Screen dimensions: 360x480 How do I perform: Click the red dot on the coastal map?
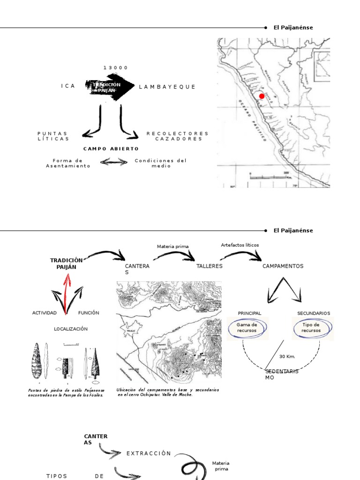coord(262,96)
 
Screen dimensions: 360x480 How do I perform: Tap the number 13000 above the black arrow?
coord(116,68)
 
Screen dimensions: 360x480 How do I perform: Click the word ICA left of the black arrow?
coord(68,86)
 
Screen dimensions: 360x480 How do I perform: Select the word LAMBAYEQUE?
coord(167,87)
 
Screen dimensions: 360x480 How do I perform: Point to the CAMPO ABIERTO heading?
coord(111,149)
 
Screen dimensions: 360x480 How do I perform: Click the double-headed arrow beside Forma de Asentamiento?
coord(114,162)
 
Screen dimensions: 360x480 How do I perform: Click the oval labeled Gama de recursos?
coord(247,328)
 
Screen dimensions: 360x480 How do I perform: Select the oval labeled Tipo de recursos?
coord(311,328)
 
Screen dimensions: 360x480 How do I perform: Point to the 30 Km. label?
coord(287,356)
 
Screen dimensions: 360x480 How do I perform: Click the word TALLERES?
coord(210,266)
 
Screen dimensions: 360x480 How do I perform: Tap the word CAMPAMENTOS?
coord(283,266)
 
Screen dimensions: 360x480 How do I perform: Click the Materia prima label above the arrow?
coord(172,246)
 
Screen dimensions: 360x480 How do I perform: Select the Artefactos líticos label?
coord(240,245)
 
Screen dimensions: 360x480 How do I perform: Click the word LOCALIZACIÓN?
coord(71,329)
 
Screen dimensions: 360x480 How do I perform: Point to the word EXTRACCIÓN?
coord(149,453)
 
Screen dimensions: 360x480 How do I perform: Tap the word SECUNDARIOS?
coord(314,313)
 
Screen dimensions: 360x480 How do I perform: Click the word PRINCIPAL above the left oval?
coord(249,313)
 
